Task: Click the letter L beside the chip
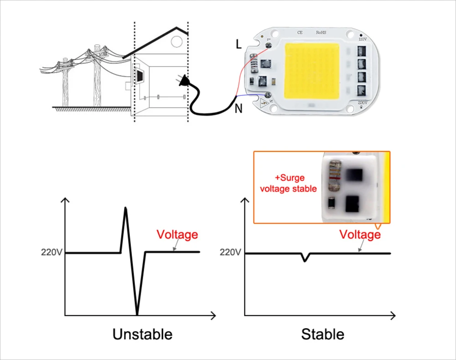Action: [x=239, y=45]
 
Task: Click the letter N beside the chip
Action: [x=238, y=109]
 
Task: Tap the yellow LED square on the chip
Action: [x=312, y=71]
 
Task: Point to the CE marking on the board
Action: [x=300, y=33]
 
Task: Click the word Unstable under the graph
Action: [x=142, y=334]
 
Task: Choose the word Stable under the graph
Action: [x=322, y=334]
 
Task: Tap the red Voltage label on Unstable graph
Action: [x=177, y=235]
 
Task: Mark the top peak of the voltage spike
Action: [x=125, y=208]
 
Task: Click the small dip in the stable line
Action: [x=305, y=261]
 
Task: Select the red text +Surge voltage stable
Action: [x=288, y=183]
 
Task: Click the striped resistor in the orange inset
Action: [x=336, y=175]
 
